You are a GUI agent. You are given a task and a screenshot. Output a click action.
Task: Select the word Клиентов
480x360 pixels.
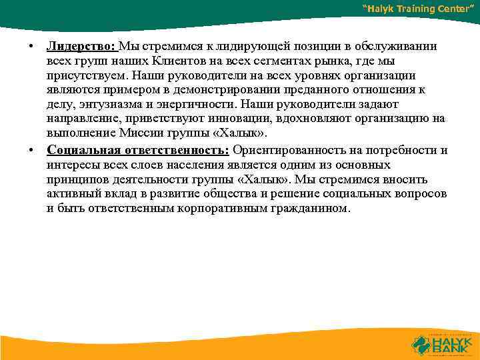pos(165,61)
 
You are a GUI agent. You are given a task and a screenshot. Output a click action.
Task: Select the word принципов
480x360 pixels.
pos(79,179)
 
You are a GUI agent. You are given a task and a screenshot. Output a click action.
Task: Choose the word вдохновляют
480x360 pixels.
pos(319,119)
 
